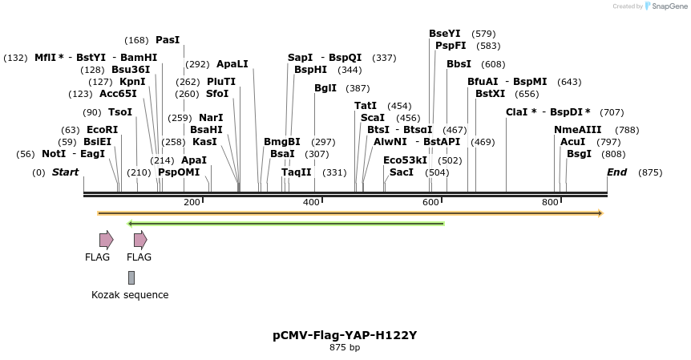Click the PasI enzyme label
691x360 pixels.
click(x=168, y=40)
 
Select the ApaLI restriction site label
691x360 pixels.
click(x=232, y=64)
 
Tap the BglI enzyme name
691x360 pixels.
click(x=325, y=88)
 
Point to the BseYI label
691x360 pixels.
click(x=445, y=34)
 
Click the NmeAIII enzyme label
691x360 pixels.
click(x=577, y=130)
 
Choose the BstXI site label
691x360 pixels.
click(x=491, y=94)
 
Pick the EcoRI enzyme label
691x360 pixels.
click(x=102, y=130)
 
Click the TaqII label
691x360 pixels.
click(x=297, y=172)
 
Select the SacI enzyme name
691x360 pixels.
click(x=402, y=172)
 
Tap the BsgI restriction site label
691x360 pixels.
click(x=579, y=154)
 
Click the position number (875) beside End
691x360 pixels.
click(x=650, y=172)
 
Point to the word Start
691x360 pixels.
click(x=66, y=172)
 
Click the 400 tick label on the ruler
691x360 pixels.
click(x=311, y=202)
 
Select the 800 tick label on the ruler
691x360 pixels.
click(x=550, y=202)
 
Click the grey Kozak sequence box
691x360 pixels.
click(x=131, y=277)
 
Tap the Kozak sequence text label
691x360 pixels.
click(x=130, y=295)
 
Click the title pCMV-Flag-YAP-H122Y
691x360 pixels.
click(x=345, y=335)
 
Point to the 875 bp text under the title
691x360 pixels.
click(x=345, y=348)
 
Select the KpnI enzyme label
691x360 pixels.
click(x=132, y=82)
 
